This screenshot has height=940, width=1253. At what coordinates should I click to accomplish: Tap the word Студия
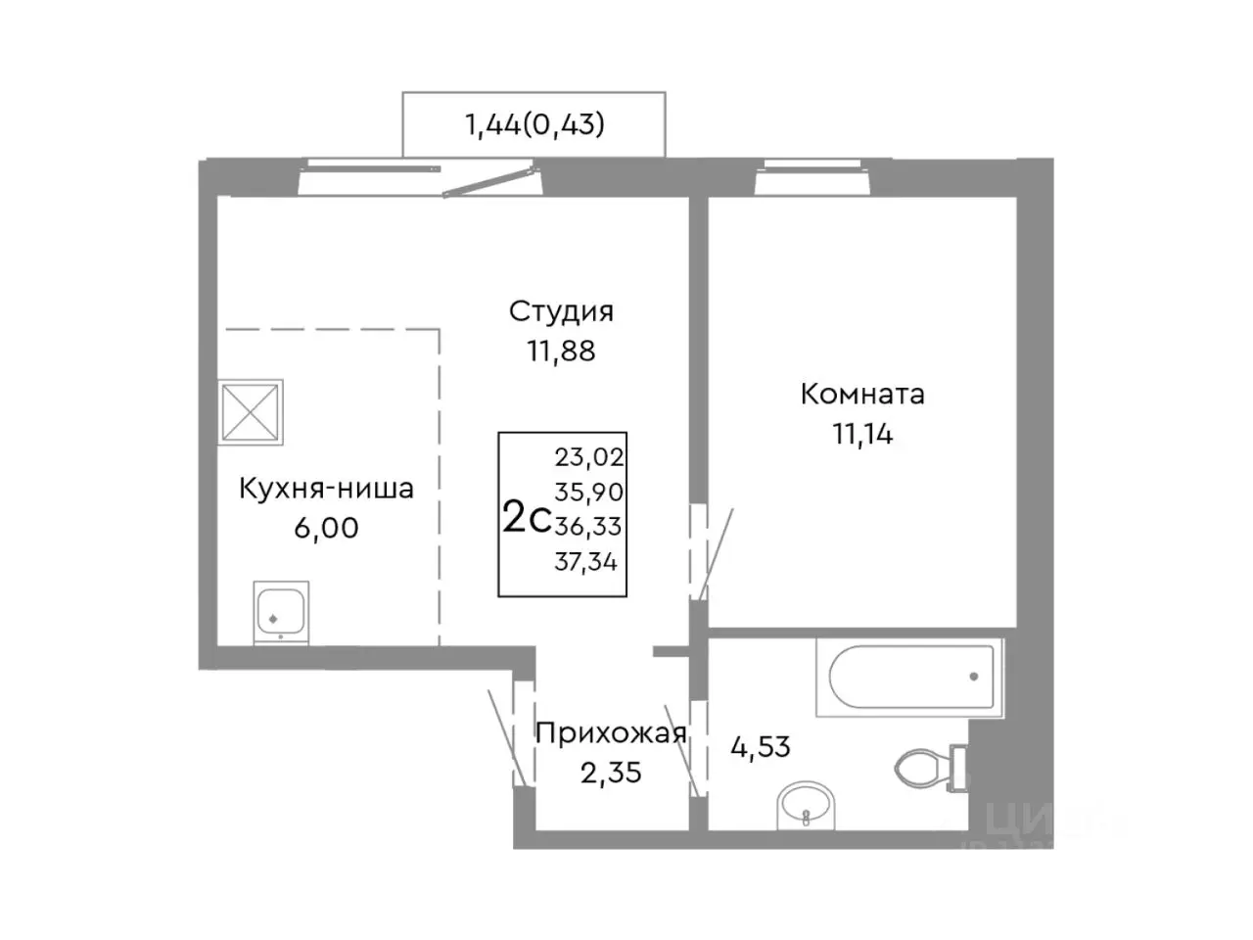tap(561, 311)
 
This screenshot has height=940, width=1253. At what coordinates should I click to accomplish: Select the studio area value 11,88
tap(561, 350)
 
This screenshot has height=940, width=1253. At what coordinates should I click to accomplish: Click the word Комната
tap(862, 394)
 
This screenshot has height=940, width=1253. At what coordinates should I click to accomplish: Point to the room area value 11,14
tap(862, 433)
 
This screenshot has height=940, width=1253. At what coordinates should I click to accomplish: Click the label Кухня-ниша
tap(326, 488)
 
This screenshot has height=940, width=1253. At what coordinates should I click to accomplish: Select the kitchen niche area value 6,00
tap(326, 528)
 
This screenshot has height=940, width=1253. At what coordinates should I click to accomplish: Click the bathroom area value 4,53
tap(761, 747)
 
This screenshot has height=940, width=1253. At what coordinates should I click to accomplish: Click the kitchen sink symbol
tap(281, 612)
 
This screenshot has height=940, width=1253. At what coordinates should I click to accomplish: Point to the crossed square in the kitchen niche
tap(251, 410)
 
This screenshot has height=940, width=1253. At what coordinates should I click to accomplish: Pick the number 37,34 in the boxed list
tap(588, 561)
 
